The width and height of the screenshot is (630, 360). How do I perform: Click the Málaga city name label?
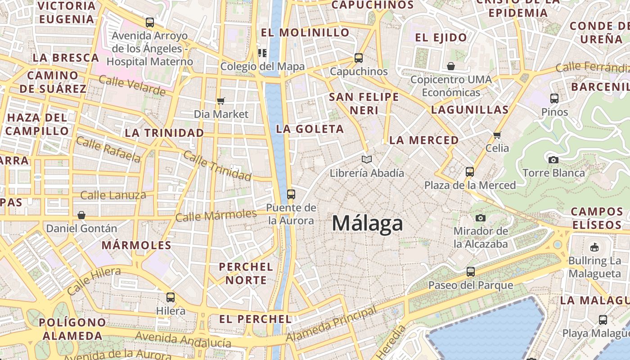(x=367, y=224)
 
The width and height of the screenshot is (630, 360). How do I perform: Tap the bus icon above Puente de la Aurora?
(x=291, y=194)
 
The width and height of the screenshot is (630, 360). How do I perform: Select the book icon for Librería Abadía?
(x=367, y=159)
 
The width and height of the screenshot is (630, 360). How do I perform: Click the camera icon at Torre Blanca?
(x=553, y=160)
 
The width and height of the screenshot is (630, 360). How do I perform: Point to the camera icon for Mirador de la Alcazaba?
(x=481, y=218)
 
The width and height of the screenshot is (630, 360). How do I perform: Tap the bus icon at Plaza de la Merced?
(x=470, y=171)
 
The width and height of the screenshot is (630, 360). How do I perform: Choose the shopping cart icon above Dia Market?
(x=220, y=101)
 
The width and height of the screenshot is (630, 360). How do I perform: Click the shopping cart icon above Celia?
(x=497, y=135)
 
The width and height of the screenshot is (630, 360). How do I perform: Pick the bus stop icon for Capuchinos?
(x=359, y=58)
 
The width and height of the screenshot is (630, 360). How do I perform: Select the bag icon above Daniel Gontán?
(x=81, y=215)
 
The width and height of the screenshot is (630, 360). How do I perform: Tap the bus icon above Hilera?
(x=171, y=297)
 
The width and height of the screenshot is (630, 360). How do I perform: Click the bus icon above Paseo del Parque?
(x=470, y=272)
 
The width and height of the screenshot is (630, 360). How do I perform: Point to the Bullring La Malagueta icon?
(x=594, y=247)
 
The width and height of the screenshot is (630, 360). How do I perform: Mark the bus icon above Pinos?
(x=554, y=98)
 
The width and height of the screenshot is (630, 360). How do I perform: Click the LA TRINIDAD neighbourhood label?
(x=164, y=133)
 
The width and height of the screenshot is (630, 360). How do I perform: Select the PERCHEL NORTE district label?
(x=246, y=273)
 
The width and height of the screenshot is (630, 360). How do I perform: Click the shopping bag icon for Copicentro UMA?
(x=451, y=67)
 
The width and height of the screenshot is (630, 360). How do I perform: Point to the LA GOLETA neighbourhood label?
(x=310, y=129)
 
